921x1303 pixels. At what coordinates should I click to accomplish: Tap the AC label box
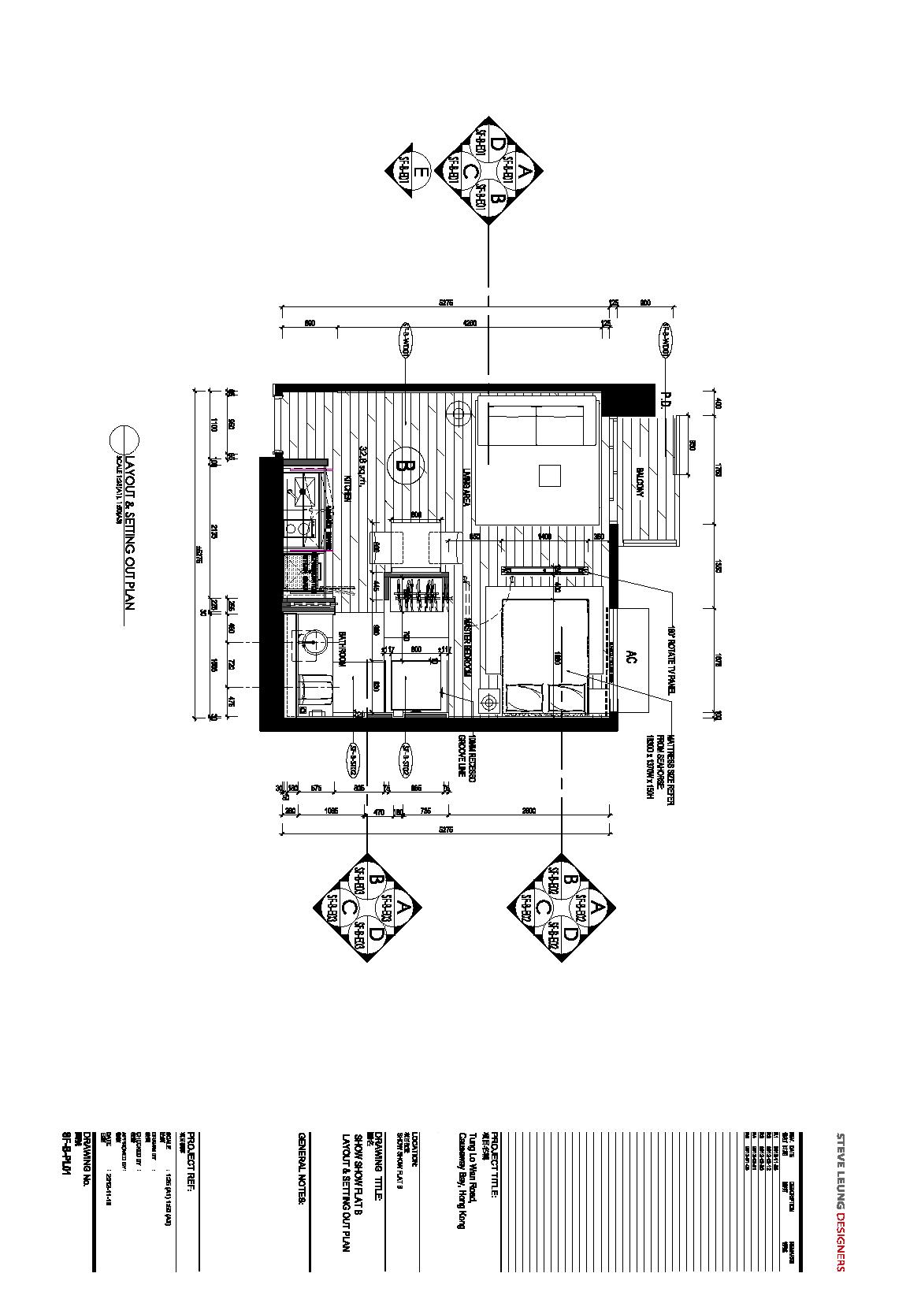click(x=629, y=655)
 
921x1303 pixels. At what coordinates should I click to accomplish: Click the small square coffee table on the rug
click(x=550, y=476)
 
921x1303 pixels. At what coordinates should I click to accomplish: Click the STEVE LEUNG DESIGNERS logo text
click(x=841, y=1202)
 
